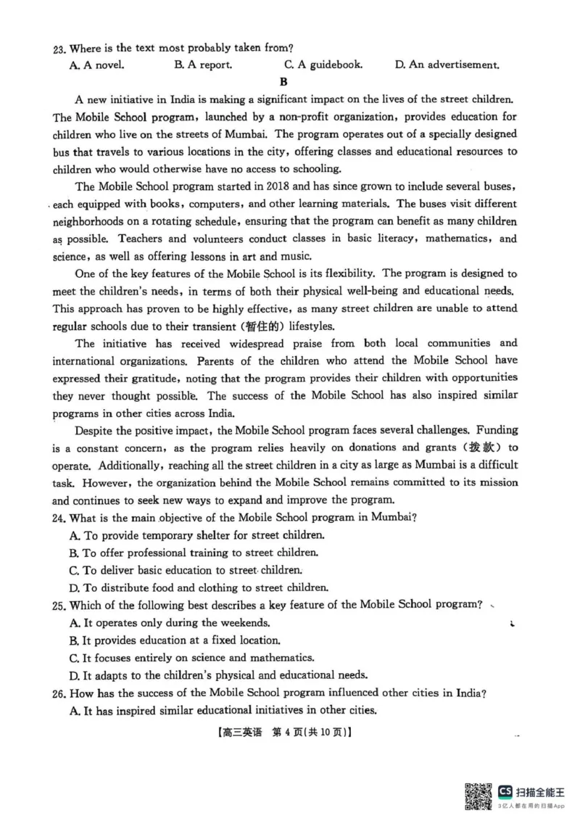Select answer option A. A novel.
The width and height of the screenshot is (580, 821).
(x=96, y=65)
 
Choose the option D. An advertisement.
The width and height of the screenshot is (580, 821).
(x=447, y=65)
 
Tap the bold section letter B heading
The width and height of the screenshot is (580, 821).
(x=283, y=81)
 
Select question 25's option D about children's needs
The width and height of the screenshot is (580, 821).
(x=218, y=674)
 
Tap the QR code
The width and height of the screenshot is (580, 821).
(x=477, y=796)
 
